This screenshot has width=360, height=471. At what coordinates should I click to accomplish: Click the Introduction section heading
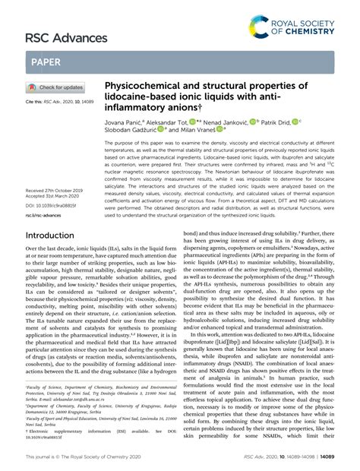(x=55, y=236)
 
